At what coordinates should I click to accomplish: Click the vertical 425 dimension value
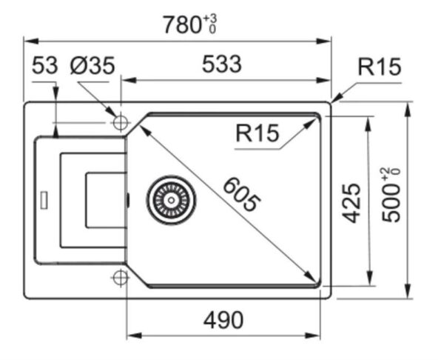(x=353, y=203)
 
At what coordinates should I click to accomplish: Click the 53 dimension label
(x=44, y=66)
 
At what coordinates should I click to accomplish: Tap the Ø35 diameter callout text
(x=92, y=66)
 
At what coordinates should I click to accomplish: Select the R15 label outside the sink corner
(x=379, y=67)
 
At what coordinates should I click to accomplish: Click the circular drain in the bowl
(x=171, y=199)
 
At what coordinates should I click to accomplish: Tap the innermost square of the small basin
(x=106, y=200)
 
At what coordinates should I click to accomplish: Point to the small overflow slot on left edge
(x=44, y=199)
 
